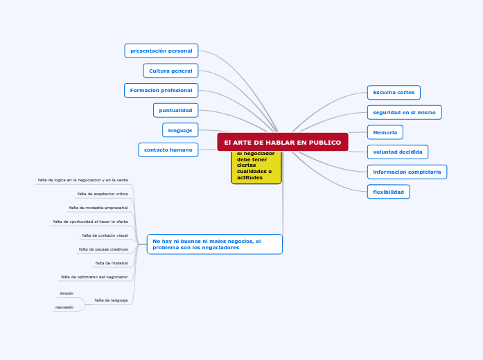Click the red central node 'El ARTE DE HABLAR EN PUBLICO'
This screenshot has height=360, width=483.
pos(282,142)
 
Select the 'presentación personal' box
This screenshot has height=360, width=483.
pos(161,51)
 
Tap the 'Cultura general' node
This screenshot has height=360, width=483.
pos(170,71)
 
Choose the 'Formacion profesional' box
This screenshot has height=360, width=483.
pos(161,90)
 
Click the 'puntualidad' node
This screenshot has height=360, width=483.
pos(175,110)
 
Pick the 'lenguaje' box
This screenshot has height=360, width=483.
pos(180,129)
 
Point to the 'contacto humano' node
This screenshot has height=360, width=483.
pos(168,150)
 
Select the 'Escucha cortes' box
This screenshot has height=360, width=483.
pos(394,92)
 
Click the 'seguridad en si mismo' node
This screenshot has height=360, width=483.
pos(404,112)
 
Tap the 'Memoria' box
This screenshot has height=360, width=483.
pos(385,132)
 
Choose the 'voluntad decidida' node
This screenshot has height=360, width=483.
pos(397,152)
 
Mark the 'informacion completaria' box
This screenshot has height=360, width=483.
pos(407,172)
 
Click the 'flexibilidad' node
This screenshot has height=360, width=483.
pos(388,192)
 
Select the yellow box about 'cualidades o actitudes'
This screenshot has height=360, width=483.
pos(256,168)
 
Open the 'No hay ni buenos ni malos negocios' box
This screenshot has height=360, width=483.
pos(214,244)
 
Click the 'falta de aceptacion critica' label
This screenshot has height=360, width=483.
pos(103,194)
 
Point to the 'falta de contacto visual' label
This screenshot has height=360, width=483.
pos(105,235)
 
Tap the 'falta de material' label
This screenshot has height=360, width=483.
pos(112,263)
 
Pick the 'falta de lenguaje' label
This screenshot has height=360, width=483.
pos(111,300)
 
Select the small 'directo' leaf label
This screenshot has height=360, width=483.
pos(67,294)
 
